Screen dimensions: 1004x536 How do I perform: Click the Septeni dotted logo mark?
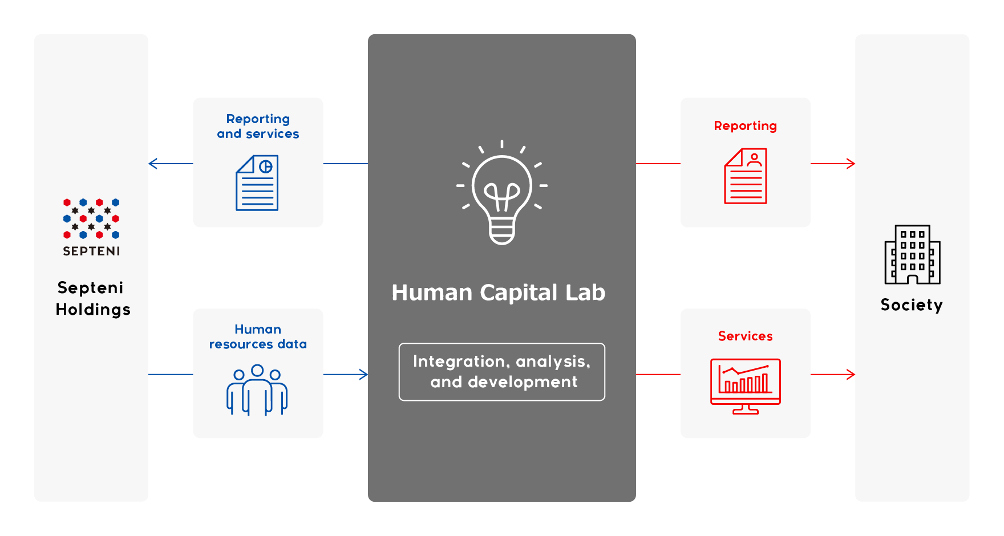[x=91, y=218]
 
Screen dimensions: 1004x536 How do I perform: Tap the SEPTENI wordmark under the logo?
[x=91, y=251]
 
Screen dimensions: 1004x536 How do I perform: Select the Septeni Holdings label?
[x=93, y=298]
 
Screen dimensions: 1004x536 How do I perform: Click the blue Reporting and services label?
[x=258, y=126]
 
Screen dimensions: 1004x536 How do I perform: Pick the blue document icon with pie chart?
[x=257, y=183]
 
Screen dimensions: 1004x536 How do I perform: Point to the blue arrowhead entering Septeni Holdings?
[x=153, y=164]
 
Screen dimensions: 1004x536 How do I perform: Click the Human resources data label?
[x=258, y=336]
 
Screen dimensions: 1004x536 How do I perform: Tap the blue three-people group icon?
[x=257, y=390]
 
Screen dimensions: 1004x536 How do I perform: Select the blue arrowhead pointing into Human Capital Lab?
[x=363, y=375]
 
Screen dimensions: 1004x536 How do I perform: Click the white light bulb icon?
[x=502, y=193]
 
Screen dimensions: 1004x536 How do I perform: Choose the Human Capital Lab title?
[x=499, y=293]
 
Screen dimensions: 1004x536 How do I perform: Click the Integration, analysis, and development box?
[x=502, y=372]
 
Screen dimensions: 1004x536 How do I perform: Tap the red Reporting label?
[x=746, y=126]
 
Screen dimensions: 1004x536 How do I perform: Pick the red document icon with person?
[x=746, y=176]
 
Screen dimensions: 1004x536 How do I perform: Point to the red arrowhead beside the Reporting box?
[x=850, y=164]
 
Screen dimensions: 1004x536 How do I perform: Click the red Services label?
[x=746, y=336]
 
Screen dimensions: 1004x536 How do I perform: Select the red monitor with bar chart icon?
[x=746, y=386]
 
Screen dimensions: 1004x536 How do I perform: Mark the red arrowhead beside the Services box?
[x=850, y=375]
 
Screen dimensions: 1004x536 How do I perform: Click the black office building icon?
[x=913, y=254]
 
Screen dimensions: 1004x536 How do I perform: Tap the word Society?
[x=912, y=305]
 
